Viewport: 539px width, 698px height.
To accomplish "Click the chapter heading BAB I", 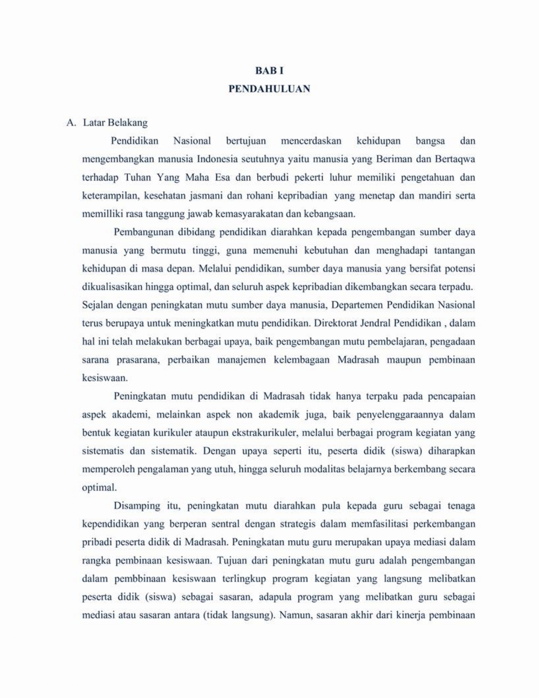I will pos(269,71).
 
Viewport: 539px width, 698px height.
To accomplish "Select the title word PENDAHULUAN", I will pos(269,89).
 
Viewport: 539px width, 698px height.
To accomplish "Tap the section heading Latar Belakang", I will pos(115,123).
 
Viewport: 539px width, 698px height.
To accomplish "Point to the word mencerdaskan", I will pos(311,141).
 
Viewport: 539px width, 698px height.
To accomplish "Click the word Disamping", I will pos(137,506).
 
